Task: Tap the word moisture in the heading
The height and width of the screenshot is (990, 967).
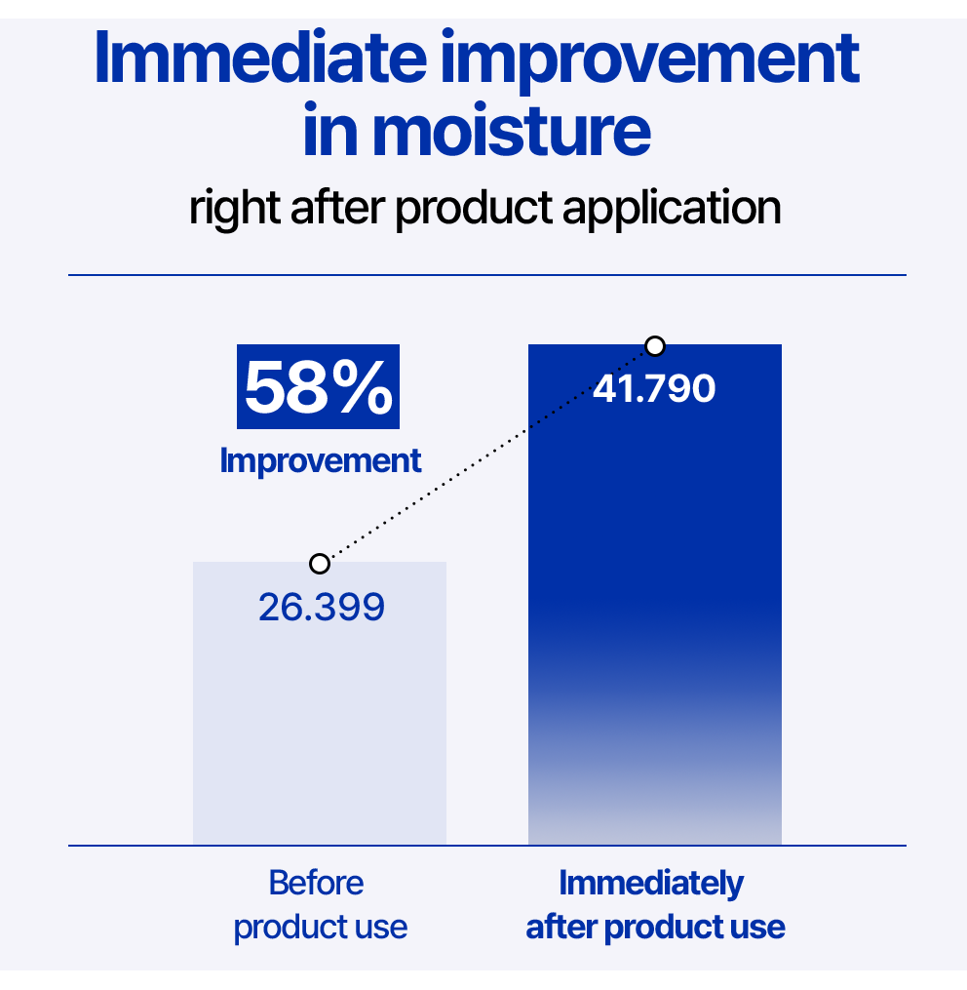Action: pos(511,131)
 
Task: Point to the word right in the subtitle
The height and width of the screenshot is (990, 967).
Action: pos(235,209)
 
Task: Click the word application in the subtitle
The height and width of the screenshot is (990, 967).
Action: pos(672,209)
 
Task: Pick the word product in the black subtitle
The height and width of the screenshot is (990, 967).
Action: pos(474,209)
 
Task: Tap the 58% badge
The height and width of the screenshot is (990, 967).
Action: pos(318,386)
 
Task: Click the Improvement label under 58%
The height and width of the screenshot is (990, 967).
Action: pos(320,461)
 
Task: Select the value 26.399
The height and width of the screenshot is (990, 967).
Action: pos(322,608)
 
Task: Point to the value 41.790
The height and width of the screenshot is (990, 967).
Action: pos(654,388)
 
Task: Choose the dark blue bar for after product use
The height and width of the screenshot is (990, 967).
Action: pos(654,594)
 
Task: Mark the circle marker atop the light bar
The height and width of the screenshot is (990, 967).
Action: pos(320,563)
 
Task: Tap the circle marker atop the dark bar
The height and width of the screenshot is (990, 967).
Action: pos(655,346)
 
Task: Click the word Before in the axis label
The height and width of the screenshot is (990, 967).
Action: pos(316,883)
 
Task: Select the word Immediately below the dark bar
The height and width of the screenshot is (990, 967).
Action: pos(651,884)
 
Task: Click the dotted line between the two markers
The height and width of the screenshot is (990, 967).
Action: pos(487,455)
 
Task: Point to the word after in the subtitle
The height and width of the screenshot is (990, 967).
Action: pos(337,208)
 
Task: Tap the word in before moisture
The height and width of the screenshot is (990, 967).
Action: pos(332,130)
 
